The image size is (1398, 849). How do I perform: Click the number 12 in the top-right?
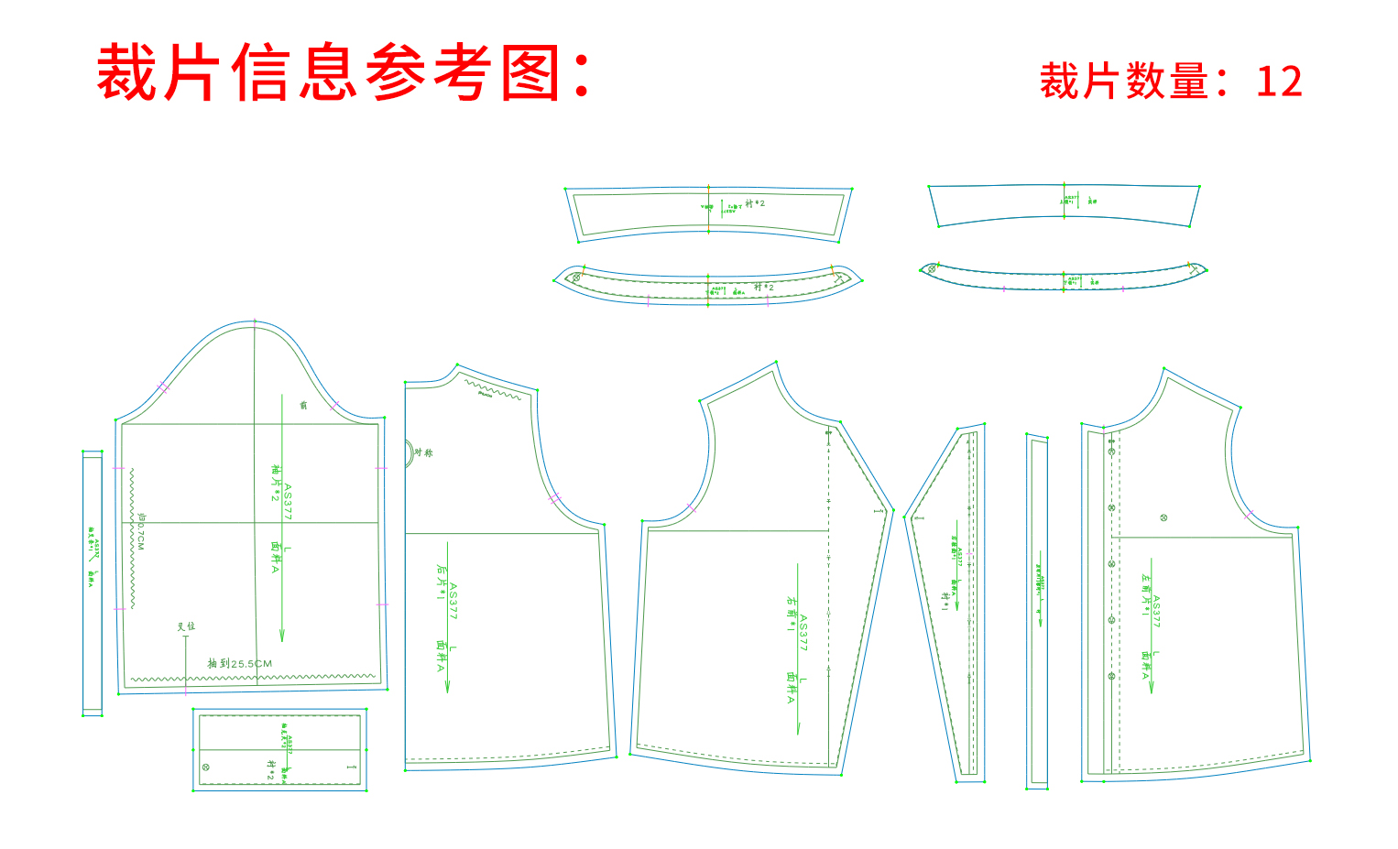pyautogui.click(x=1279, y=82)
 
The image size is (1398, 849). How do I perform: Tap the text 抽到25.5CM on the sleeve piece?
pyautogui.click(x=240, y=663)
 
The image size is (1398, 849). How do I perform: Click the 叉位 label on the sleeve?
pyautogui.click(x=186, y=626)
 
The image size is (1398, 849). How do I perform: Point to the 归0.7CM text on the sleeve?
pyautogui.click(x=141, y=531)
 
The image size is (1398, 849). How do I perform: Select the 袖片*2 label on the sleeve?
pyautogui.click(x=275, y=483)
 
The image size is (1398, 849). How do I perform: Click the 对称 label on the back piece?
pyautogui.click(x=423, y=452)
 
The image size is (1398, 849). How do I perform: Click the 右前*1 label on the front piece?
pyautogui.click(x=791, y=614)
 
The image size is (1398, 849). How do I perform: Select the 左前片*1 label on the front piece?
pyautogui.click(x=1145, y=594)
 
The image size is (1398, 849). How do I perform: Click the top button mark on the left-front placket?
pyautogui.click(x=1111, y=452)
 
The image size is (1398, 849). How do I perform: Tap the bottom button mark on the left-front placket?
pyautogui.click(x=1111, y=676)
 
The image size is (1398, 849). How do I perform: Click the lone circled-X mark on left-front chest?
pyautogui.click(x=1163, y=517)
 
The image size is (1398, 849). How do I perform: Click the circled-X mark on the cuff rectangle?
pyautogui.click(x=205, y=767)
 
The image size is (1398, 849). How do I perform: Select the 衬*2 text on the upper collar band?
pyautogui.click(x=755, y=203)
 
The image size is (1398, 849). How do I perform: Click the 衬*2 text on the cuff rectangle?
pyautogui.click(x=270, y=769)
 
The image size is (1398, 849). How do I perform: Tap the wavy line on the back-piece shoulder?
pyautogui.click(x=492, y=388)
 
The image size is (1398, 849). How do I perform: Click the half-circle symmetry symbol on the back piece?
pyautogui.click(x=410, y=453)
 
